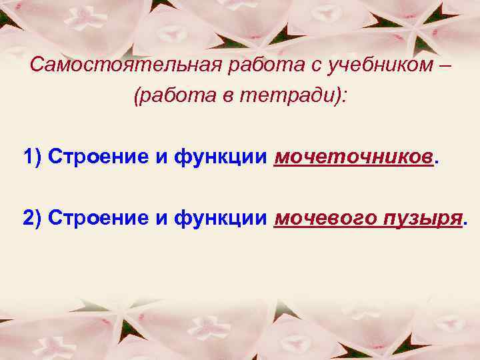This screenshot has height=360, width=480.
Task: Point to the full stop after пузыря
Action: point(465,222)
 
